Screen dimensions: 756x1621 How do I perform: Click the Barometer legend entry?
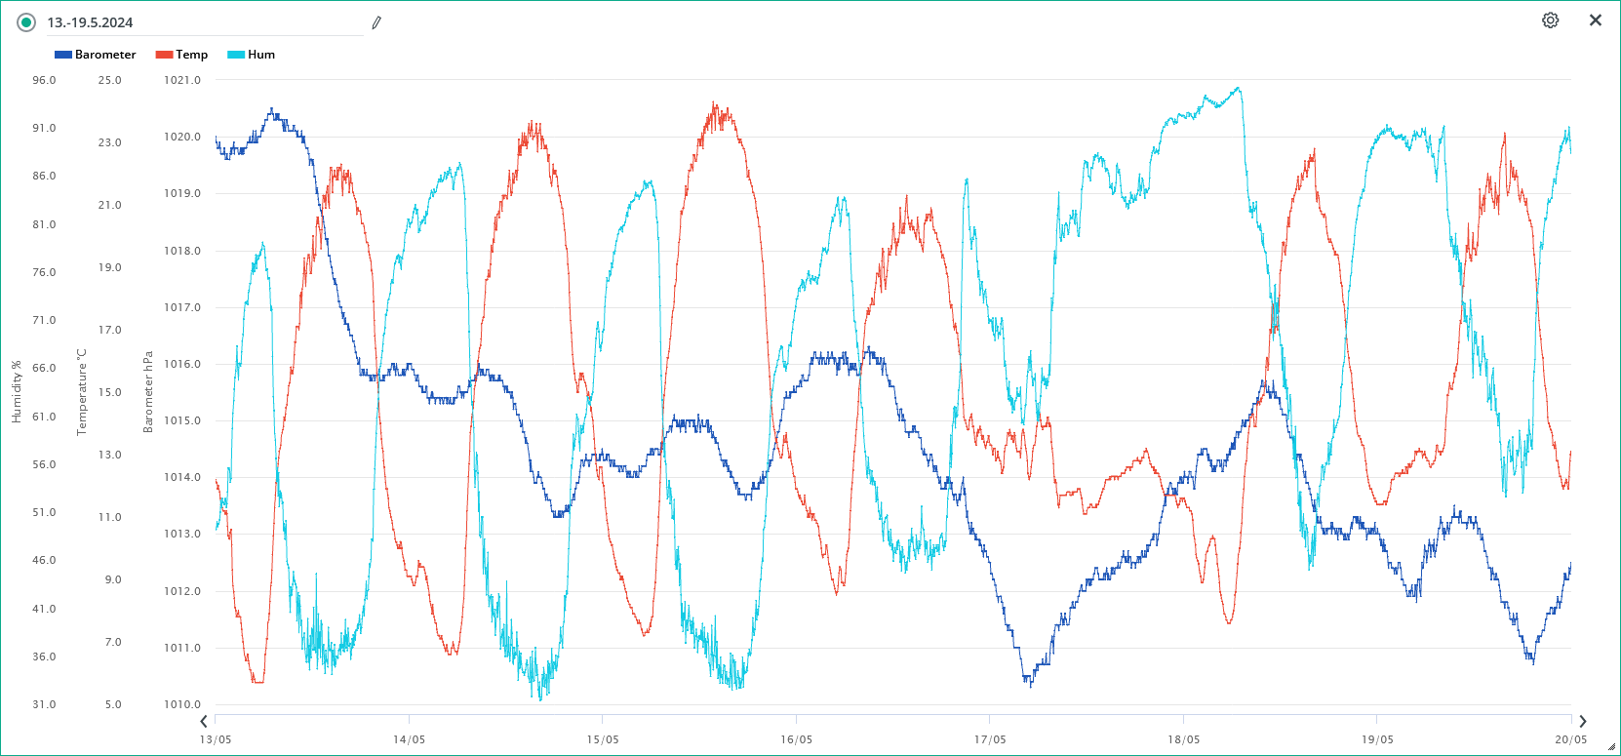(x=96, y=55)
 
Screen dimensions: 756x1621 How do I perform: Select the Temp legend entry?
(x=182, y=55)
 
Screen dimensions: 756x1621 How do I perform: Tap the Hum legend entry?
(x=252, y=55)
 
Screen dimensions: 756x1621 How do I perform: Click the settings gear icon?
(x=1550, y=20)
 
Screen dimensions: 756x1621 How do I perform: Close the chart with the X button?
(x=1596, y=20)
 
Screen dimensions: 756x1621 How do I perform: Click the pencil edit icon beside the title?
(x=376, y=22)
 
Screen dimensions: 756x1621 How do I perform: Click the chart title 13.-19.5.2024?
(x=90, y=22)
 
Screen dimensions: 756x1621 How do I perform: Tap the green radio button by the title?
(x=26, y=22)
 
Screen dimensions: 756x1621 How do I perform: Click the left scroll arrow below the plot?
(x=203, y=722)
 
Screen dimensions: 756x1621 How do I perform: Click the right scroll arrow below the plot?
(x=1582, y=722)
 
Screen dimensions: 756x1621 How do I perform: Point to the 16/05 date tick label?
(x=796, y=739)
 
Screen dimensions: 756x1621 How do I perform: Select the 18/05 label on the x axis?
(x=1183, y=739)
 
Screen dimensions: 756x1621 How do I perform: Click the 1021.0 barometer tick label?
(x=182, y=80)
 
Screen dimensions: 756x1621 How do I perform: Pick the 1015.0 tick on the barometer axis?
(x=182, y=420)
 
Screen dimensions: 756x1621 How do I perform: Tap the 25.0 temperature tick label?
(x=109, y=80)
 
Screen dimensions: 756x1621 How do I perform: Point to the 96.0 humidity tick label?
(x=44, y=80)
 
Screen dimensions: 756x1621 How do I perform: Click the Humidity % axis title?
(x=17, y=392)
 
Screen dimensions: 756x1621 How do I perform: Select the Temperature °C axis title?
(x=82, y=392)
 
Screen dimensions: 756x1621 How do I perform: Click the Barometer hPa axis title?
(x=148, y=392)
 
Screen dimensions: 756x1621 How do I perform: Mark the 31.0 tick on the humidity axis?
(x=44, y=704)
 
